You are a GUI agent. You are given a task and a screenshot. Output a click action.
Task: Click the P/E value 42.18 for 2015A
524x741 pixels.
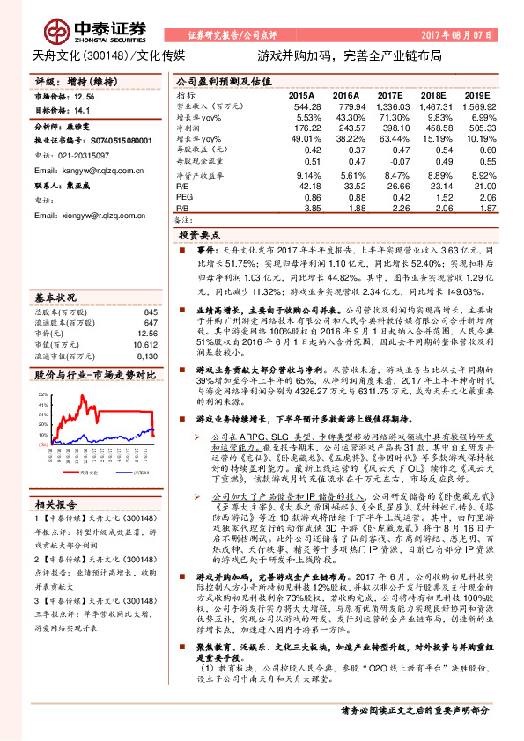click(306, 187)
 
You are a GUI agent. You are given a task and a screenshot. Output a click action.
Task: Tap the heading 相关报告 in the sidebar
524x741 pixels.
click(55, 504)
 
